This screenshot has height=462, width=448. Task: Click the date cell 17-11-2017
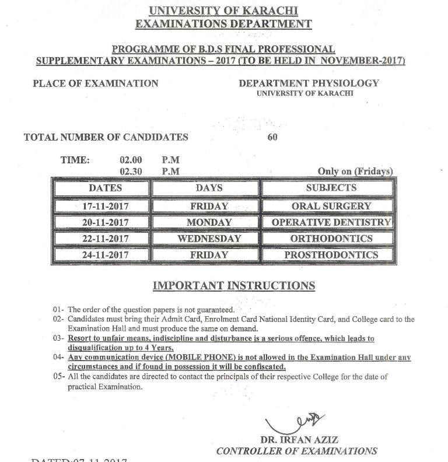click(x=105, y=206)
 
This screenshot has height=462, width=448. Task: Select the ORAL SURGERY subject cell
click(x=331, y=206)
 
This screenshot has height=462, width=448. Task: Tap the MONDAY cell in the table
click(x=209, y=222)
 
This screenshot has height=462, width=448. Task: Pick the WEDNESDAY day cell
click(x=209, y=239)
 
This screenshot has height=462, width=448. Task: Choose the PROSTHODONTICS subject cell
click(x=331, y=255)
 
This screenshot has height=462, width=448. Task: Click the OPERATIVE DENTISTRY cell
click(x=331, y=222)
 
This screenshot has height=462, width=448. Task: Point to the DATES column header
click(x=105, y=188)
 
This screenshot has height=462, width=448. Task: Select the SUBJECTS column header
click(x=331, y=188)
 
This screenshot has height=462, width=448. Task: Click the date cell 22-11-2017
click(x=105, y=239)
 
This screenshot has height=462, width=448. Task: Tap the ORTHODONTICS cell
click(x=331, y=239)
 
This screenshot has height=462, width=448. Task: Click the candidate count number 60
click(x=272, y=138)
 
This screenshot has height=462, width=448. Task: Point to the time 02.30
click(x=131, y=171)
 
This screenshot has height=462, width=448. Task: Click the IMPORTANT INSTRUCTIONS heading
click(x=233, y=286)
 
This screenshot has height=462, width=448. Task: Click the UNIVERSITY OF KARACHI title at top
click(x=223, y=11)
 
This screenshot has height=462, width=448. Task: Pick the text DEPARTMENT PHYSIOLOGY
click(x=309, y=83)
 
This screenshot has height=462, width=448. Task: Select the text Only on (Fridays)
click(x=355, y=171)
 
